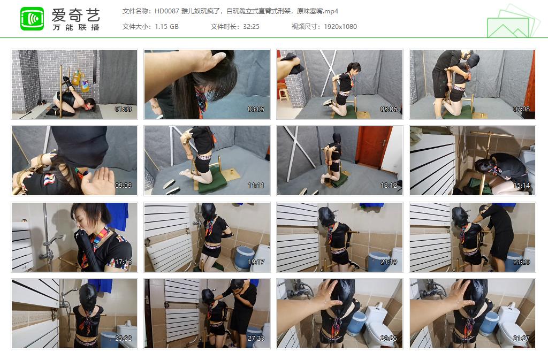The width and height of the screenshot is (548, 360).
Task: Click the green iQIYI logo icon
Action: coord(32,19)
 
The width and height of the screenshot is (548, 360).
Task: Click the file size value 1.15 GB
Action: coord(166,27)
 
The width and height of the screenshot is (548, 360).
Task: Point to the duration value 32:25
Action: coord(250,27)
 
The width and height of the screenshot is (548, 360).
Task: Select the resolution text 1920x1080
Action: coord(340,27)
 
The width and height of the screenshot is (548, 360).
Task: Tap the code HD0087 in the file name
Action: coord(166,11)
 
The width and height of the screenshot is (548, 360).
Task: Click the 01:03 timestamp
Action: coord(123,109)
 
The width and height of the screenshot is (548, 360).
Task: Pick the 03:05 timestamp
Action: coord(256,109)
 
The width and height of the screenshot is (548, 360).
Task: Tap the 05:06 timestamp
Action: coord(389,109)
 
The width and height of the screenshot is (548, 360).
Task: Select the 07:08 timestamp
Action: coord(521,109)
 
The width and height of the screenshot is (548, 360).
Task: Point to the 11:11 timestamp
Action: coord(256,186)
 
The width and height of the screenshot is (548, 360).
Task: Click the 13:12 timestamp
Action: coord(389,186)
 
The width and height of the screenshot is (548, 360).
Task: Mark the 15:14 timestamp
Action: coord(521,186)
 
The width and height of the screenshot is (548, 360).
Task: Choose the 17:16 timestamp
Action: coord(123,262)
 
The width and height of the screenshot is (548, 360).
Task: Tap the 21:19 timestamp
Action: coord(389,262)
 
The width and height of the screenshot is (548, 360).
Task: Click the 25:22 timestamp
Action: coord(123,339)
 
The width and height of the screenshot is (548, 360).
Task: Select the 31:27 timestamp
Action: coord(521,339)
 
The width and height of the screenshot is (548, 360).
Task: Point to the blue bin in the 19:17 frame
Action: coord(243,257)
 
